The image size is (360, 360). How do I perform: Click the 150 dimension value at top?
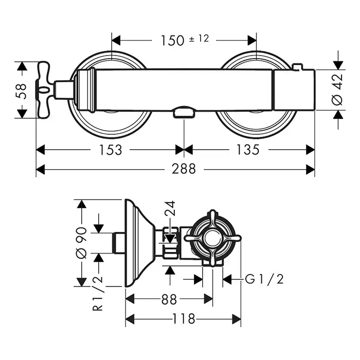[173, 40]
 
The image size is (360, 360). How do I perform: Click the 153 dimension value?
[111, 150]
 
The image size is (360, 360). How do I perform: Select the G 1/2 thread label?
[264, 279]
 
